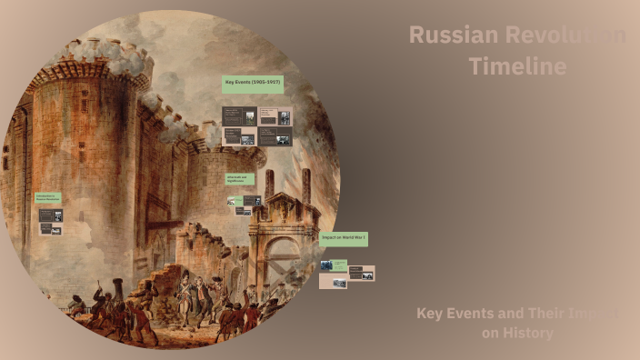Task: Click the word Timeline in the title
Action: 517,66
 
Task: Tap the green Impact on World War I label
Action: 344,238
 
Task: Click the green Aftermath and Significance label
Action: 241,180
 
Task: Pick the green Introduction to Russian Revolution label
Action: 49,197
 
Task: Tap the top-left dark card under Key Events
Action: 239,116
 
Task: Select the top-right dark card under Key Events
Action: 275,116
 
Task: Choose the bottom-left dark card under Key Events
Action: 239,136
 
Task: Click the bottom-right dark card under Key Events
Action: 275,136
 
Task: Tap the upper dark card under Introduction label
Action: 51,215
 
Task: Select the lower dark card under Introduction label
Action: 51,229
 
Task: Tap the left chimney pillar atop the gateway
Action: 269,185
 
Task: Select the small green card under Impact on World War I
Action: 340,264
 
